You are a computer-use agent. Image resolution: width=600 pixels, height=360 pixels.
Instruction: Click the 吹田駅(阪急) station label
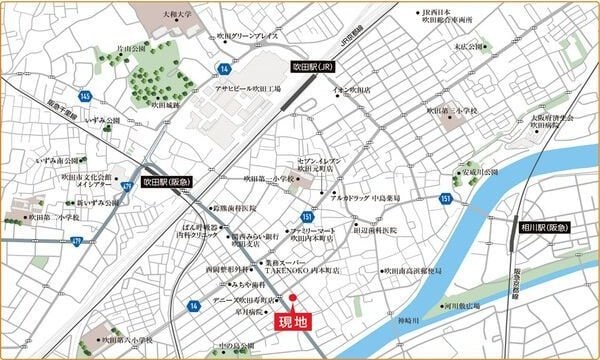(x=166, y=183)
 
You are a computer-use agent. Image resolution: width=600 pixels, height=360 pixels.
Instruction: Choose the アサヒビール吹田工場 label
(x=249, y=88)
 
